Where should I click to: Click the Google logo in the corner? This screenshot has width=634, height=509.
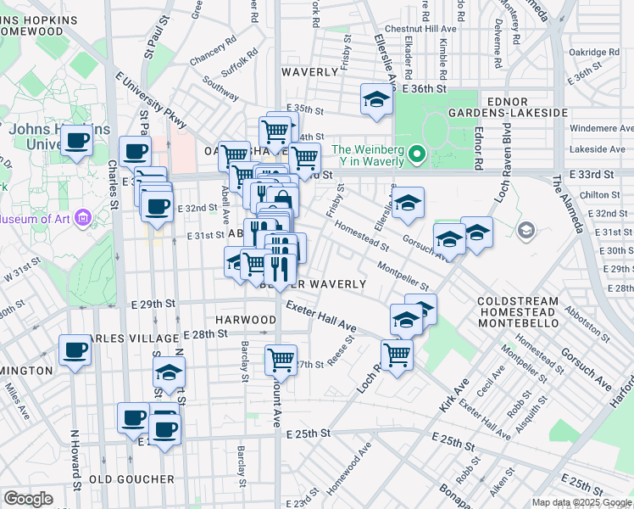coord(29,499)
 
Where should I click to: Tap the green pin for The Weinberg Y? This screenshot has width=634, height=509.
coord(415,155)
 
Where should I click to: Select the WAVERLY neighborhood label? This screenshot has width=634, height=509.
coord(310,72)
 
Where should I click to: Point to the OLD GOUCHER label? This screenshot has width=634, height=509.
coord(131,479)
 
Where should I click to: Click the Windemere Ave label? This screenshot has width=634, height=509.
coord(601,128)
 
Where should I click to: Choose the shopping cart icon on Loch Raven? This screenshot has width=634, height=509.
coord(397,354)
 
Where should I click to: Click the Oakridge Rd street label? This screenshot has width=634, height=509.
coord(594,52)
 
